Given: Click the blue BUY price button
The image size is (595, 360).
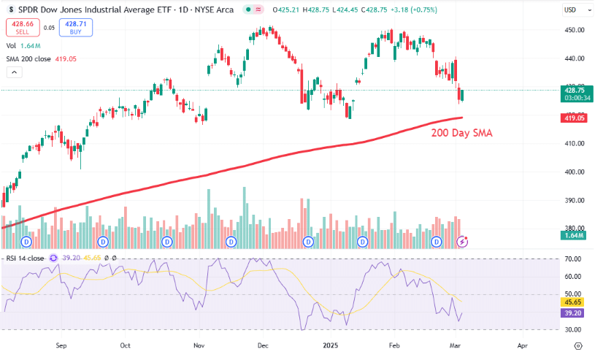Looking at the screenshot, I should click(x=76, y=28).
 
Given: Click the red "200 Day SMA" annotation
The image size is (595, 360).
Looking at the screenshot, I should click(x=461, y=133).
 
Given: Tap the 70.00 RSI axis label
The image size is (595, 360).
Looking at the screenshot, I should click(x=573, y=259).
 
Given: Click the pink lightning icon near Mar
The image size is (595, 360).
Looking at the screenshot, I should click(x=461, y=241).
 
